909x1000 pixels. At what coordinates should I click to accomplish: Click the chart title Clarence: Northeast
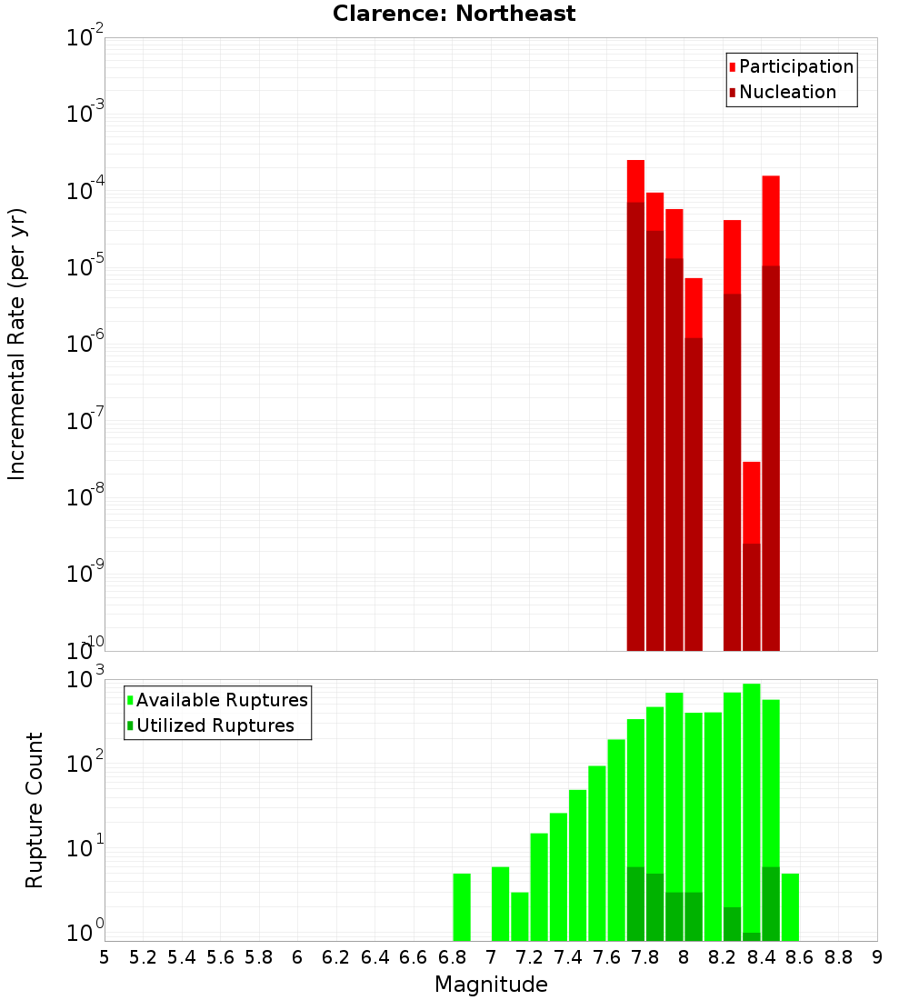click(x=454, y=14)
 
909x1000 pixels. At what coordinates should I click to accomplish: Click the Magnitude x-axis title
click(x=491, y=985)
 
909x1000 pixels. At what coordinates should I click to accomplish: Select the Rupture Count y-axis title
click(x=35, y=809)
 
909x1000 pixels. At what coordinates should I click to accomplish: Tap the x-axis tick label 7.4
click(x=568, y=957)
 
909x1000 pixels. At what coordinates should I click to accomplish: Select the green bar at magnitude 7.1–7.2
click(x=520, y=916)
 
